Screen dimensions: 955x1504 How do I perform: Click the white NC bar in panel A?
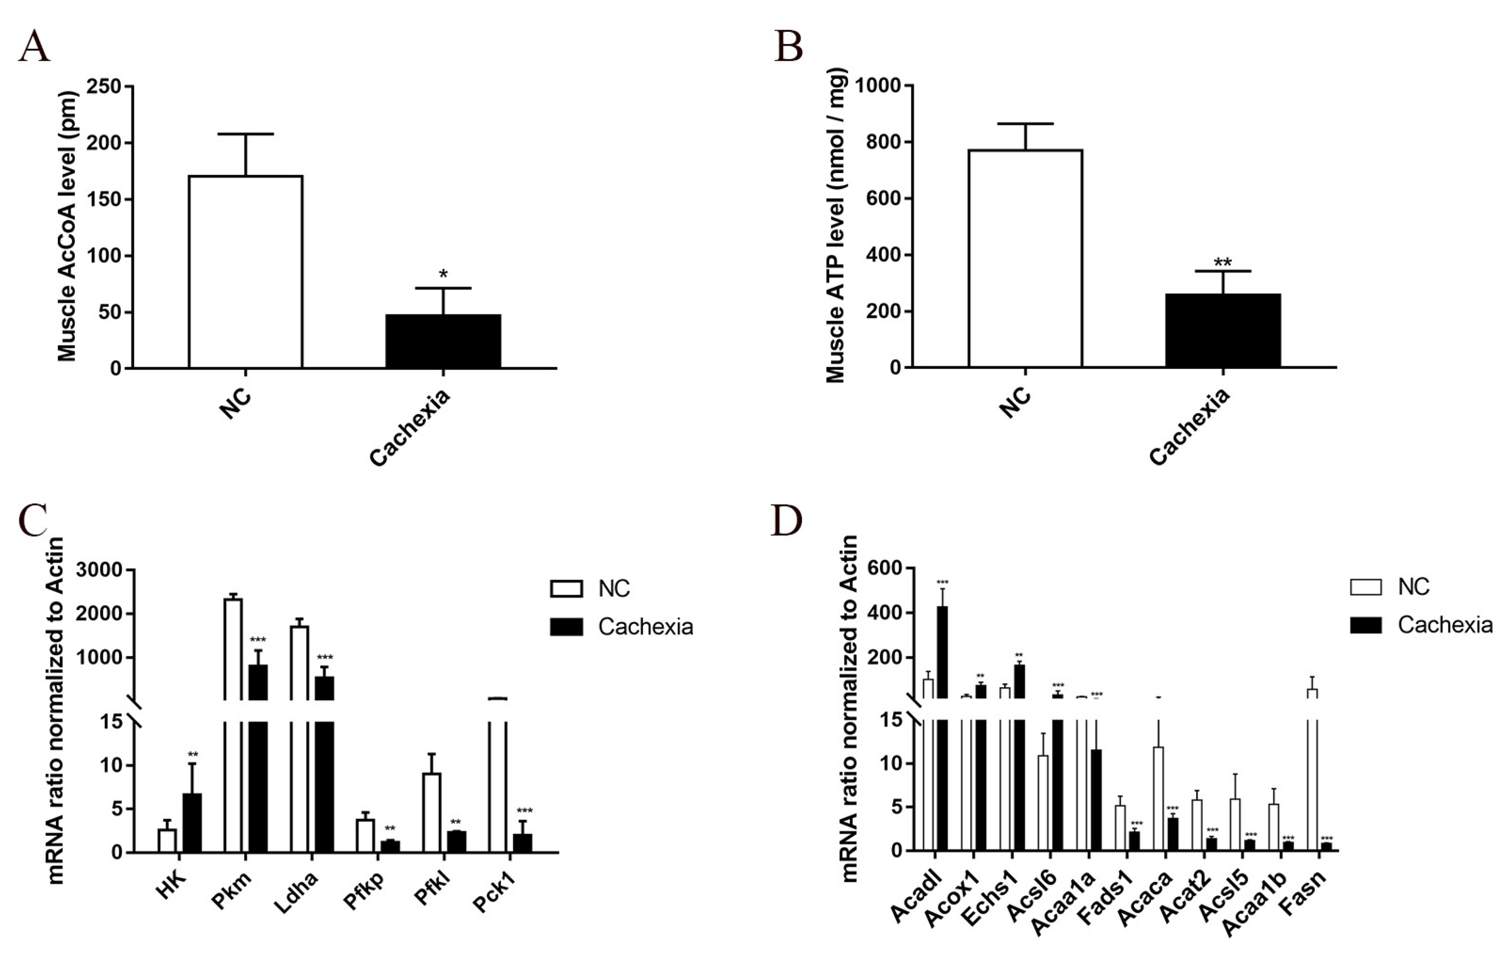tap(245, 272)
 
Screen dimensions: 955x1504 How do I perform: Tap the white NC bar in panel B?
tap(1025, 258)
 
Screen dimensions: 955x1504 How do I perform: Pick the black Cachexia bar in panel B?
tap(1222, 330)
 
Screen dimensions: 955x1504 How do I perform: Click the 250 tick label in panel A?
tap(103, 86)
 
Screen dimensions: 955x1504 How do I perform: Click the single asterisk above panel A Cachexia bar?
tap(443, 274)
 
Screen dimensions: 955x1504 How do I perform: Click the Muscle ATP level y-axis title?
tap(835, 225)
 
